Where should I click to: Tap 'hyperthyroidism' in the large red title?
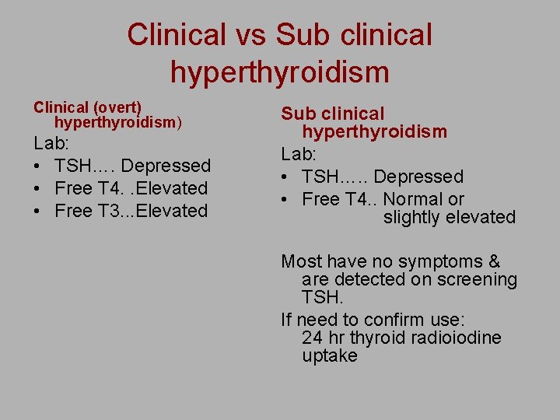pyautogui.click(x=280, y=72)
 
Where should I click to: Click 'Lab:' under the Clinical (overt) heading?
pyautogui.click(x=51, y=144)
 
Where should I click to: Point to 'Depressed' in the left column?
pyautogui.click(x=166, y=166)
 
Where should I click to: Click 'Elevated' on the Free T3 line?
pyautogui.click(x=171, y=211)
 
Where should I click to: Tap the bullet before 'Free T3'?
pyautogui.click(x=38, y=211)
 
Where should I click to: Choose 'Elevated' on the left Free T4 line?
pyautogui.click(x=171, y=188)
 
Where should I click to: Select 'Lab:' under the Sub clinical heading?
pyautogui.click(x=299, y=155)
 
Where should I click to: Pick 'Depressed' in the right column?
pyautogui.click(x=418, y=177)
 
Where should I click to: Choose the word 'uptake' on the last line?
pyautogui.click(x=330, y=355)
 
